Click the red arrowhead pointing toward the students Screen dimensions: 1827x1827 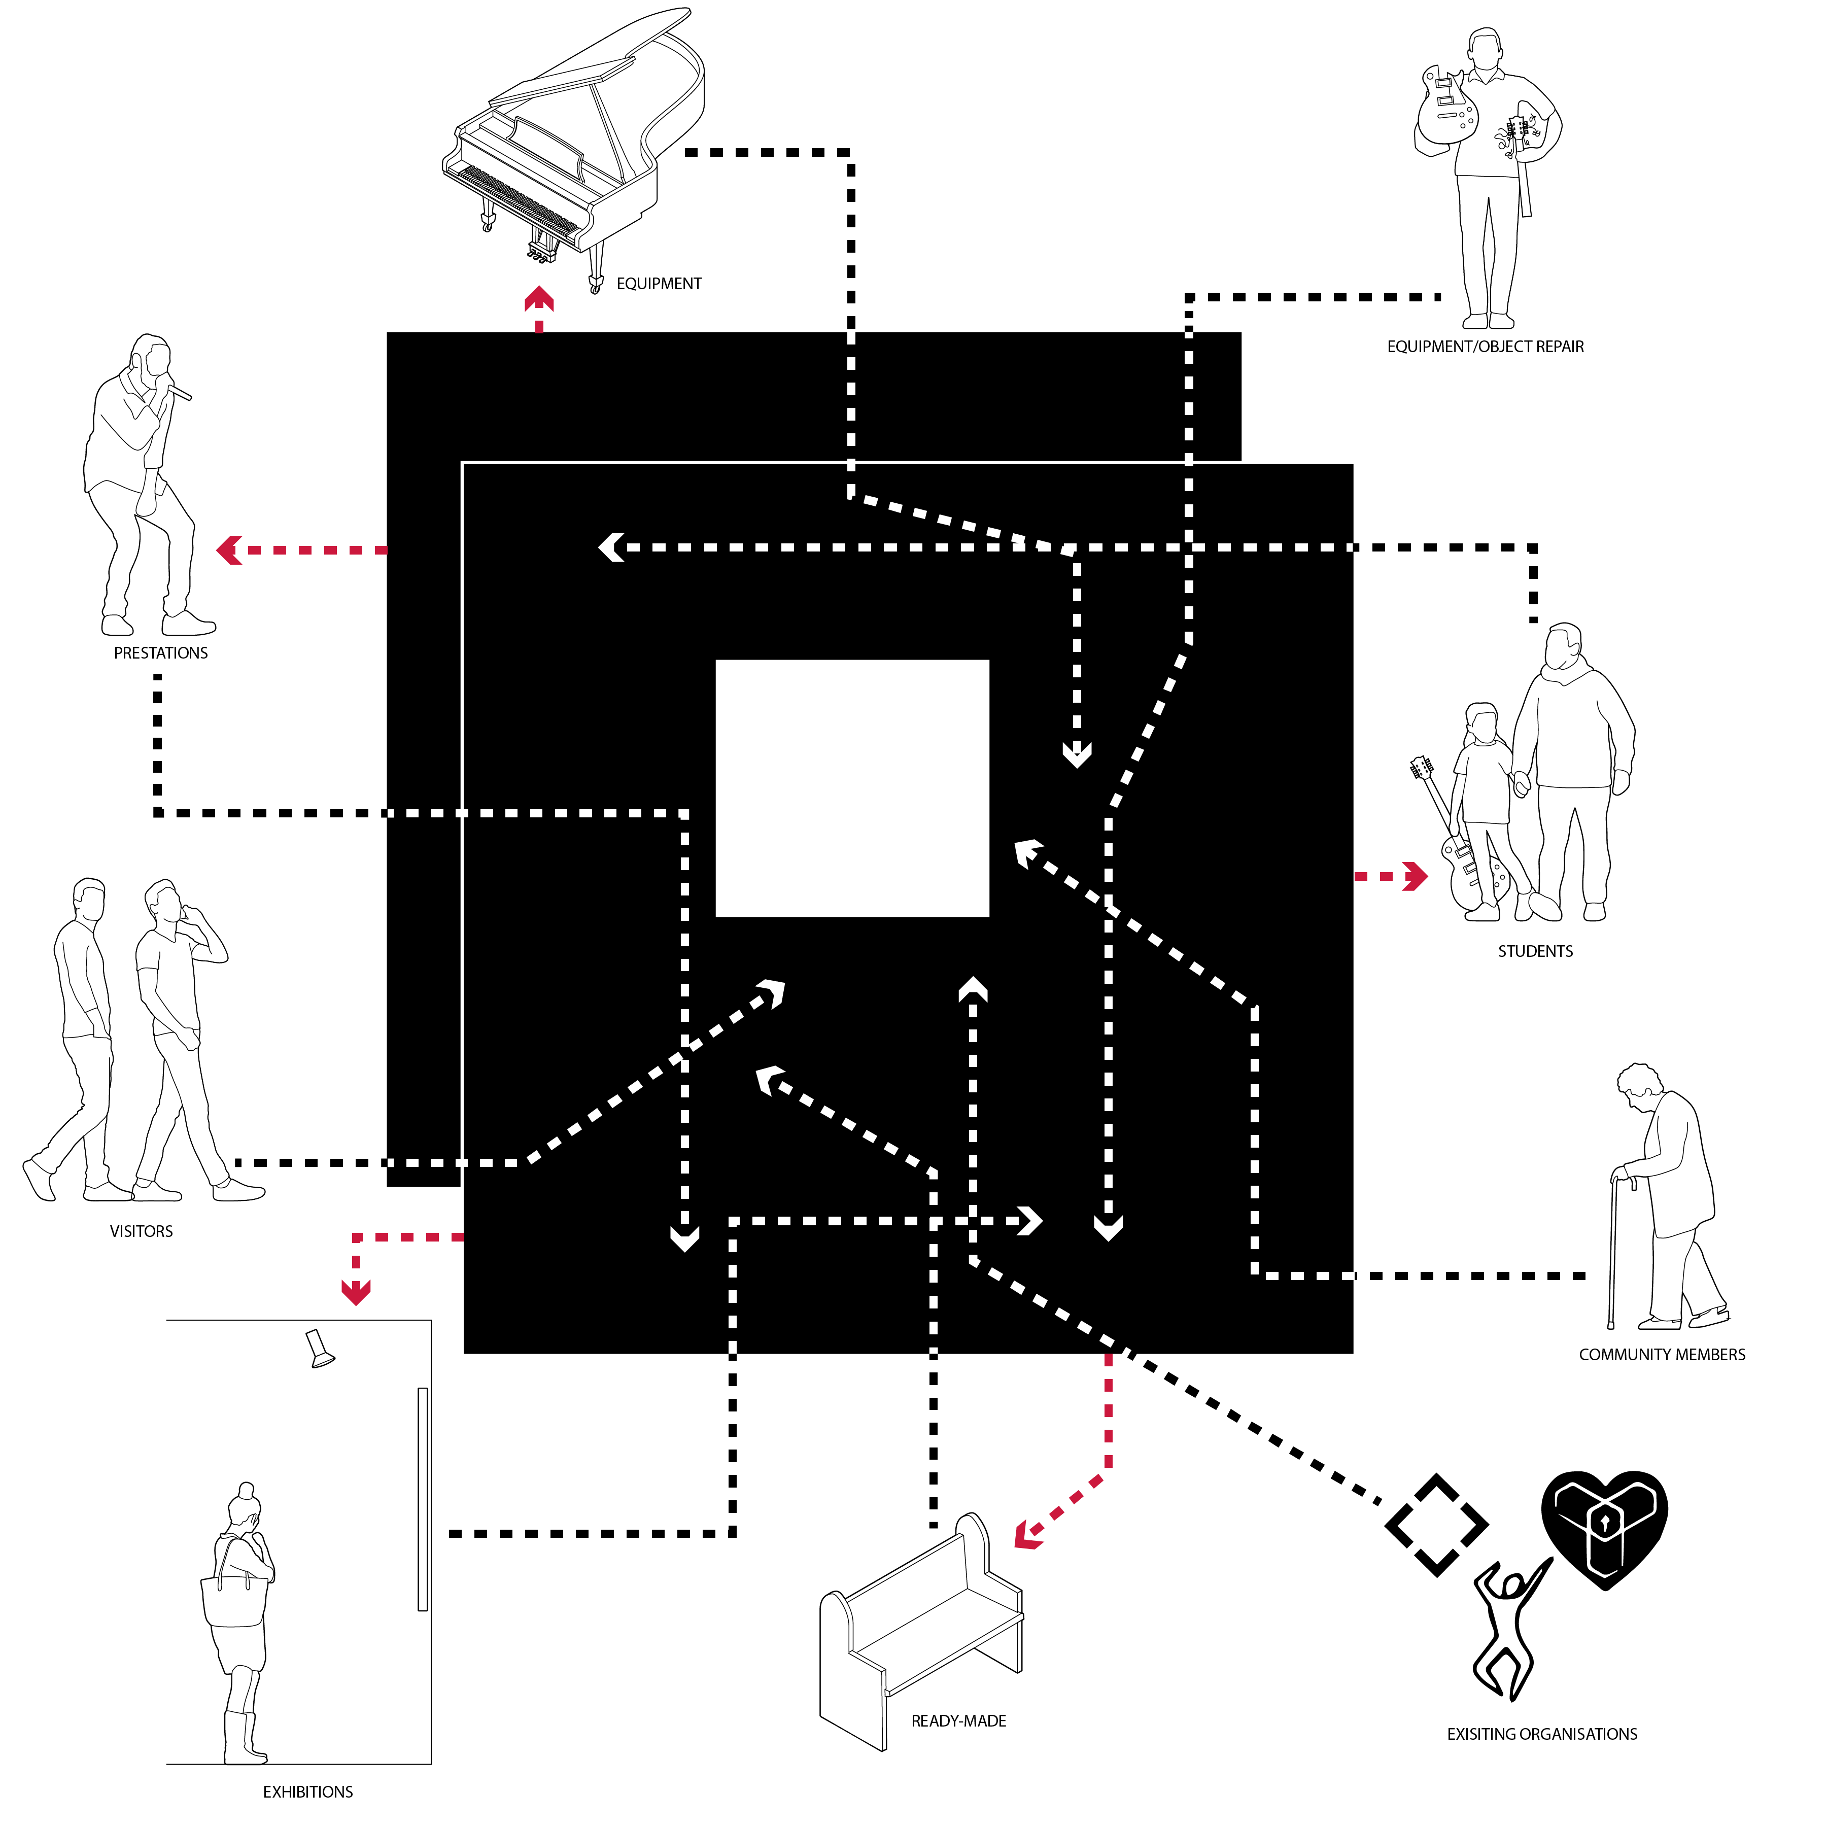[x=1416, y=877]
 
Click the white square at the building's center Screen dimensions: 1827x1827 [x=852, y=788]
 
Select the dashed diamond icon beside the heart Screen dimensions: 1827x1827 [x=1436, y=1525]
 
